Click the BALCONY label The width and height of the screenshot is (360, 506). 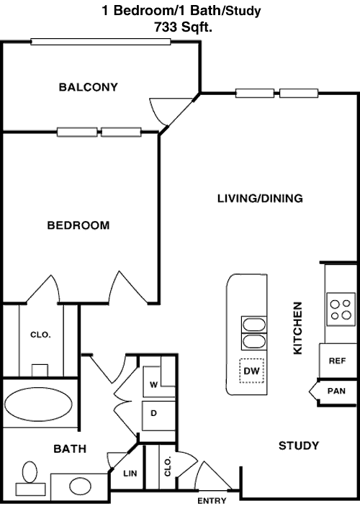(x=88, y=87)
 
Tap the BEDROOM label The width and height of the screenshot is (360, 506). (x=78, y=225)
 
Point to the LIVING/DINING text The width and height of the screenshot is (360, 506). (x=260, y=198)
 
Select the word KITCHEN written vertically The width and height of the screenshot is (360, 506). (x=297, y=328)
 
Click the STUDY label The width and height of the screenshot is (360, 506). (x=299, y=446)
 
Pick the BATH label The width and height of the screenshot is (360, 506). (x=70, y=449)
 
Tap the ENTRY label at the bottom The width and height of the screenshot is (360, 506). (x=212, y=500)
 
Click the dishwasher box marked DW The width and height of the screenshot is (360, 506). (x=251, y=371)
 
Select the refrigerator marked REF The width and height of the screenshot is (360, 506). (x=338, y=361)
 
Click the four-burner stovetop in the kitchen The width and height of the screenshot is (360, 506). (x=341, y=310)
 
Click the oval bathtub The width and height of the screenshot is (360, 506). (x=38, y=405)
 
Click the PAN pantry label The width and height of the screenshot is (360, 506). (x=336, y=391)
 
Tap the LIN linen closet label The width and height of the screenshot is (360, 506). (x=130, y=474)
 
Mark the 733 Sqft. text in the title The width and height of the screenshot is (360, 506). (x=183, y=27)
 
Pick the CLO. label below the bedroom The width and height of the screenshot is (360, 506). (x=41, y=335)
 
